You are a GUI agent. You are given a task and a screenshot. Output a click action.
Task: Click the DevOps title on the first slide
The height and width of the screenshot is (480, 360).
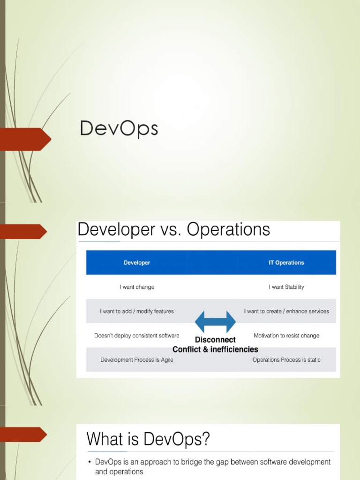pyautogui.click(x=119, y=129)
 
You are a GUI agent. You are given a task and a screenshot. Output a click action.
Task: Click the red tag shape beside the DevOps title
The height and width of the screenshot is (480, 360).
pyautogui.click(x=26, y=139)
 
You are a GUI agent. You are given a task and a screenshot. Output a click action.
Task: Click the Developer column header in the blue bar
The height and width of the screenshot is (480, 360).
pyautogui.click(x=137, y=262)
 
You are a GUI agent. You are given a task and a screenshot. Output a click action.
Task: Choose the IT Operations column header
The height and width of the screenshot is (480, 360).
pyautogui.click(x=286, y=262)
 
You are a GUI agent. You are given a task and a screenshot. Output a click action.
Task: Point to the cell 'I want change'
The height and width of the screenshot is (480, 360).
pyautogui.click(x=137, y=287)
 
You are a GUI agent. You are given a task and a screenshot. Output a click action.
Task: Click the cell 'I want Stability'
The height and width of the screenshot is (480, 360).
pyautogui.click(x=286, y=287)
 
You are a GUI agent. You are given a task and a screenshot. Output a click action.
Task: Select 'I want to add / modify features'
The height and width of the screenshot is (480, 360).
pyautogui.click(x=137, y=311)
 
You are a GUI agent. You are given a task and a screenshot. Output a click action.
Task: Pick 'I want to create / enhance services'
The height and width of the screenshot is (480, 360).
pyautogui.click(x=286, y=311)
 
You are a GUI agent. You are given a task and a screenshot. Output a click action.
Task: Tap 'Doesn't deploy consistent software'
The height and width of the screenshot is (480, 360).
pyautogui.click(x=137, y=336)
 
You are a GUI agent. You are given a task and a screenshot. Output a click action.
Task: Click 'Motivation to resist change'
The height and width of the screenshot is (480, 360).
pyautogui.click(x=286, y=336)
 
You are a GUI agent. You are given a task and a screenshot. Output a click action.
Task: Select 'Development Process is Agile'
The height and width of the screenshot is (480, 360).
pyautogui.click(x=137, y=360)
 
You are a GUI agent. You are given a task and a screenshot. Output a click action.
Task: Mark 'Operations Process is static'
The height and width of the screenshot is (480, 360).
pyautogui.click(x=286, y=360)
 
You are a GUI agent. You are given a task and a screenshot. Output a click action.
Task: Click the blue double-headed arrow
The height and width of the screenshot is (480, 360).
pyautogui.click(x=215, y=322)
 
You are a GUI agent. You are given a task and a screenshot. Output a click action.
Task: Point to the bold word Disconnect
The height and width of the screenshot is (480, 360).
pyautogui.click(x=215, y=340)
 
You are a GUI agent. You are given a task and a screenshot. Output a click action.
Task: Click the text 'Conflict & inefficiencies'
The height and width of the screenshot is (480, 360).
pyautogui.click(x=215, y=350)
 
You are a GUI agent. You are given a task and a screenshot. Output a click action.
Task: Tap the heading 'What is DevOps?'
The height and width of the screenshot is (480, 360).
pyautogui.click(x=148, y=440)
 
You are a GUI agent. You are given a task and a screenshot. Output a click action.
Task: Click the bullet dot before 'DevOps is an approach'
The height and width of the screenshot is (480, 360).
pyautogui.click(x=90, y=463)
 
